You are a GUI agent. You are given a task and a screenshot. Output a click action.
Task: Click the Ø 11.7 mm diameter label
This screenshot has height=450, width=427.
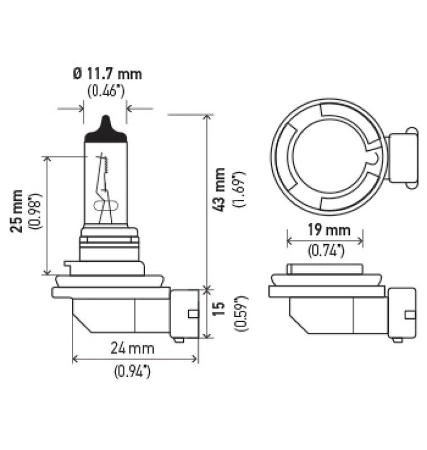tap(106, 73)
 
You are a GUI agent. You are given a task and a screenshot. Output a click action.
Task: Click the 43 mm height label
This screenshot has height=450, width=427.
tap(221, 190)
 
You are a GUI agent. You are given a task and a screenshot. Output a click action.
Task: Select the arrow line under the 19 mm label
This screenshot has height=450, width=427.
tap(325, 241)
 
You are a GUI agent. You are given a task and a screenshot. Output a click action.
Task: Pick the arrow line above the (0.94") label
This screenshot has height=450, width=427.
tap(135, 358)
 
